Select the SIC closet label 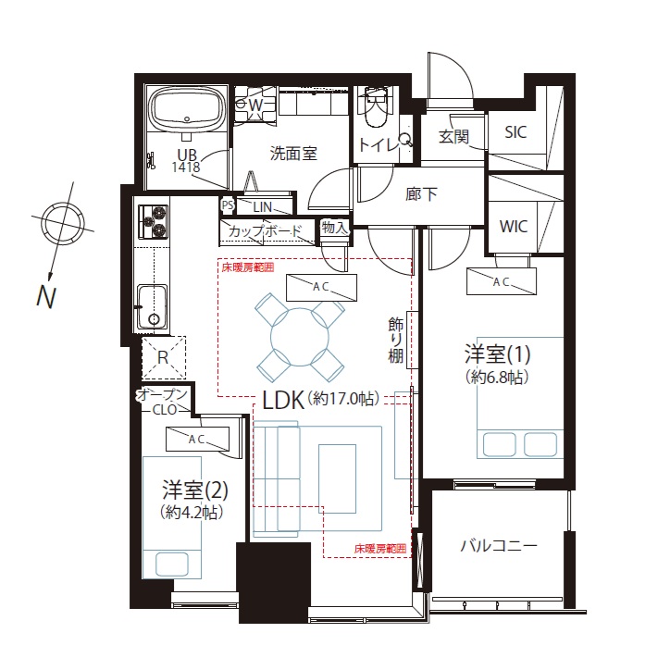[x=515, y=132]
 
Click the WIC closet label [x=514, y=227]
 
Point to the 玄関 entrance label [x=453, y=137]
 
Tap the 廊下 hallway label [x=421, y=194]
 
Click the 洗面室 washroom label [x=293, y=154]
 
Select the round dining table [x=300, y=337]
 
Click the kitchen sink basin [x=152, y=306]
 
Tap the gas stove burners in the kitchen [x=153, y=220]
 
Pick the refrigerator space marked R [x=163, y=357]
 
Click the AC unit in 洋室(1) [x=501, y=281]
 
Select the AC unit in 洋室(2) [x=197, y=439]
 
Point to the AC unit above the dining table [x=321, y=288]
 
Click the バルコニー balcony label [x=498, y=546]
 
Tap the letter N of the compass [x=46, y=296]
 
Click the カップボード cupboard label [x=266, y=231]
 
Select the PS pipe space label [x=228, y=205]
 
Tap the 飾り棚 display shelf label [x=396, y=340]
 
